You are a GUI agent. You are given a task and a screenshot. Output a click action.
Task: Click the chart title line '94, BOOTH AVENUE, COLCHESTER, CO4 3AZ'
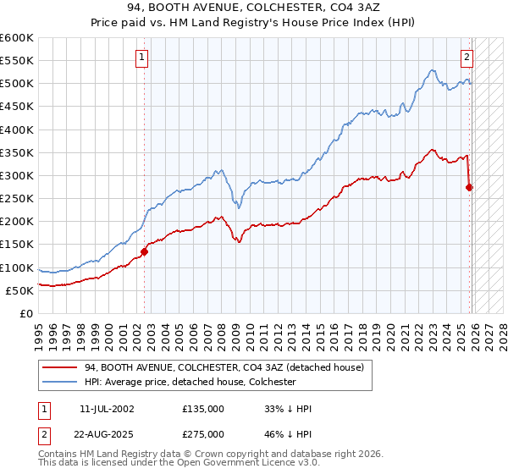[254, 8]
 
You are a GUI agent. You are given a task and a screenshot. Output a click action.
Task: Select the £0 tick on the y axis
[25, 314]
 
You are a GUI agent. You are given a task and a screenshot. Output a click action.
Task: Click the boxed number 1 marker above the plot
[141, 58]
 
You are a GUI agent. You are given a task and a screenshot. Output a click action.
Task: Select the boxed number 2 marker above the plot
[467, 58]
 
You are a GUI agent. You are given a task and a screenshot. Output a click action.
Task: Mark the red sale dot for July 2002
[145, 251]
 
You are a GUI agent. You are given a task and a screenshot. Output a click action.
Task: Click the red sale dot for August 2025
[470, 187]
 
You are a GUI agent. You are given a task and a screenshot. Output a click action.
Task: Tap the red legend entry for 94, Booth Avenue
[224, 367]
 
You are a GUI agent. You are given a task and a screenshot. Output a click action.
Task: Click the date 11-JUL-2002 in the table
[106, 409]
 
